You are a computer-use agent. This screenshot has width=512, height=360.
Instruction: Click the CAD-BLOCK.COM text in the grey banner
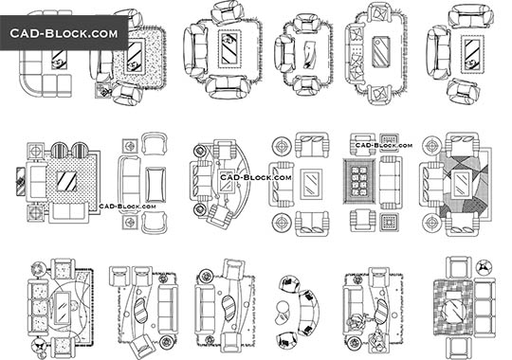(x=64, y=34)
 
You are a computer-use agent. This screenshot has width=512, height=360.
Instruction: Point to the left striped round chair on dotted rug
(x=58, y=151)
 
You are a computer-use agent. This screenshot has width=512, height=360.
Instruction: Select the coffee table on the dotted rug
(x=67, y=181)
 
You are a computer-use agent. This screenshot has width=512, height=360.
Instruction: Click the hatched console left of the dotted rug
(x=20, y=180)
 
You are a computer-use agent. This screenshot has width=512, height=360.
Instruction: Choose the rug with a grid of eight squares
(x=359, y=179)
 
